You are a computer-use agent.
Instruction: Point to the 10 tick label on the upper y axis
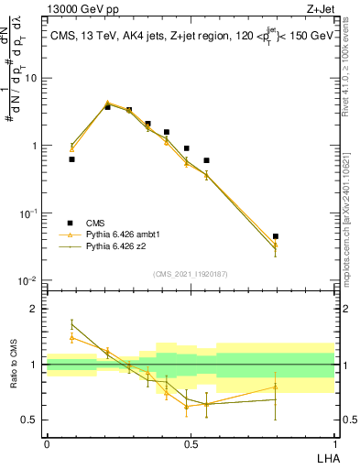tap(32, 78)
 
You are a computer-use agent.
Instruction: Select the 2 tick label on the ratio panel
tap(34, 309)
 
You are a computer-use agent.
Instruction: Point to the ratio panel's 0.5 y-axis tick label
tap(30, 420)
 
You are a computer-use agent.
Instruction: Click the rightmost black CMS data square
tap(275, 236)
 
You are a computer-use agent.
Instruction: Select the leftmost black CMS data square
tap(71, 159)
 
